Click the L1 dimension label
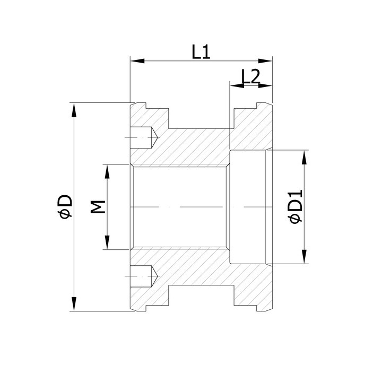201,52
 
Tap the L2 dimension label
250,77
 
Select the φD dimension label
65,206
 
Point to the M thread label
98,207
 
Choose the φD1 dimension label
295,206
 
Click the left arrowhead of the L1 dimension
137,61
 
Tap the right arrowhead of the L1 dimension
265,61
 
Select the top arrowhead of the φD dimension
74,110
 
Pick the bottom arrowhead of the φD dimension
74,304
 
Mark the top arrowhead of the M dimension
107,171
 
